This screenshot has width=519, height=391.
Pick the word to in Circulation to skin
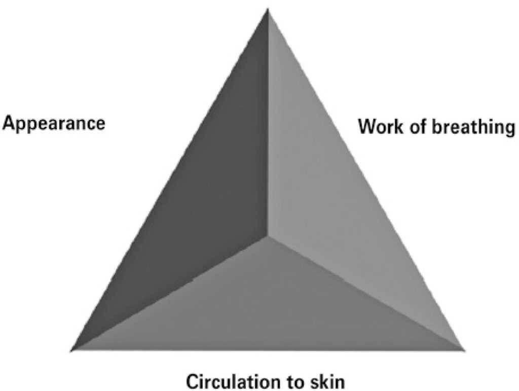click(x=293, y=382)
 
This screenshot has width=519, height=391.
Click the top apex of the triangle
click(x=268, y=9)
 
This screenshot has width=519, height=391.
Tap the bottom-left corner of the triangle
click(x=71, y=350)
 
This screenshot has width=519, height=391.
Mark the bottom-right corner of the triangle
click(x=463, y=349)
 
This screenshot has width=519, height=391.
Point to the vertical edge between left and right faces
click(x=268, y=123)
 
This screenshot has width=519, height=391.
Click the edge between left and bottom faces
click(x=169, y=293)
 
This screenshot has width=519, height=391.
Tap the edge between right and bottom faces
click(x=365, y=293)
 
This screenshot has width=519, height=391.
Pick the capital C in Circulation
click(x=194, y=382)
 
